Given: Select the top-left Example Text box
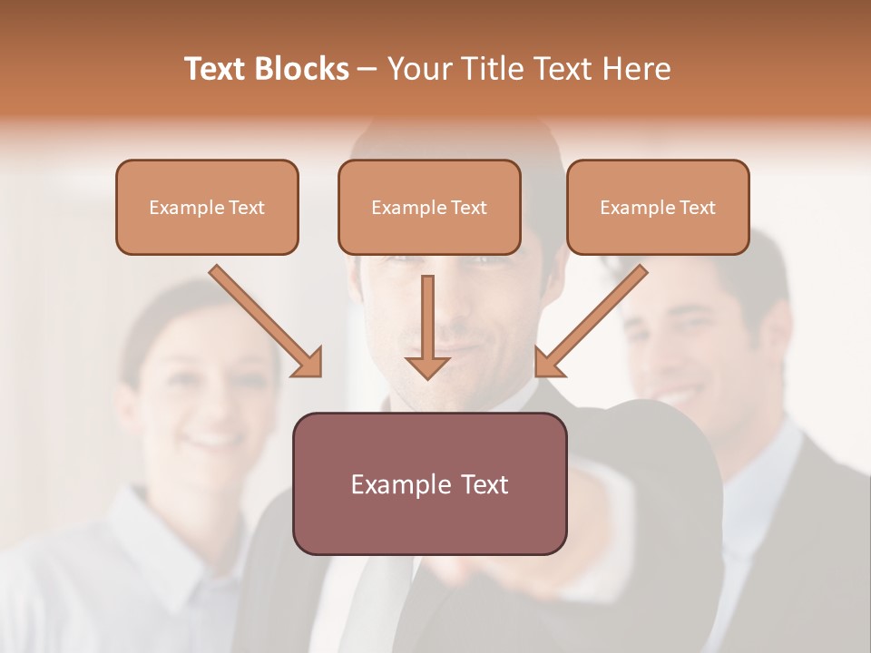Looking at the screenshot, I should [x=207, y=207].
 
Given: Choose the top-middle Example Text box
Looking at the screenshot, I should [x=429, y=207].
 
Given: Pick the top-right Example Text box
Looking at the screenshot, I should [x=658, y=207].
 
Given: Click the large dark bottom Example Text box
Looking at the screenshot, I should [x=429, y=483].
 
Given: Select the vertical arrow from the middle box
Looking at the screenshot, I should [x=427, y=317].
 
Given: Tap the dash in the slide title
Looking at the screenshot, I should [x=367, y=69].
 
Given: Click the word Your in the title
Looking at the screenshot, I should [x=418, y=69].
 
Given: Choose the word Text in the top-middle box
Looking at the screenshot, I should [x=468, y=208].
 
